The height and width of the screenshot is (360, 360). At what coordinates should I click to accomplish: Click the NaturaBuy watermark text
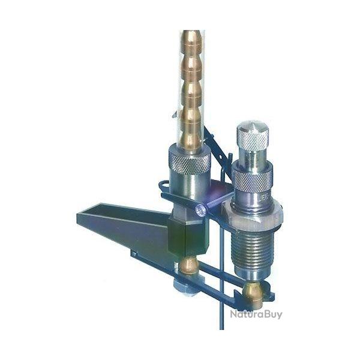click(x=256, y=313)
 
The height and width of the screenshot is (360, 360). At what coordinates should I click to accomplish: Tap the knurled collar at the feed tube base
click(x=189, y=160)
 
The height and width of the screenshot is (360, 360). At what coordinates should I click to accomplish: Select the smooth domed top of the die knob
click(x=253, y=127)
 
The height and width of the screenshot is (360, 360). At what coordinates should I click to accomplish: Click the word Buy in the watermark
click(x=272, y=313)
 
